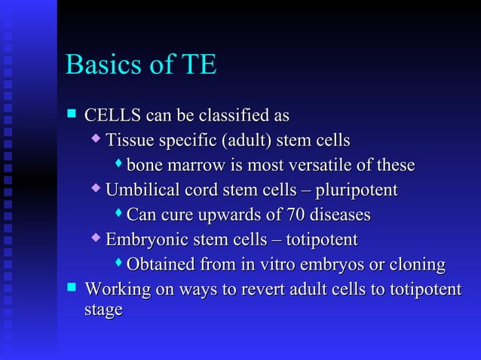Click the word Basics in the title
coord(103,65)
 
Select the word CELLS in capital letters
coord(112,116)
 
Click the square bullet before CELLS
coord(72,114)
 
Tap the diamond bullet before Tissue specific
coord(95,139)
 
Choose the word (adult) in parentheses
coord(247,141)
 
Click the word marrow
coord(191,165)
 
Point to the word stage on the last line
coord(103,310)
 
